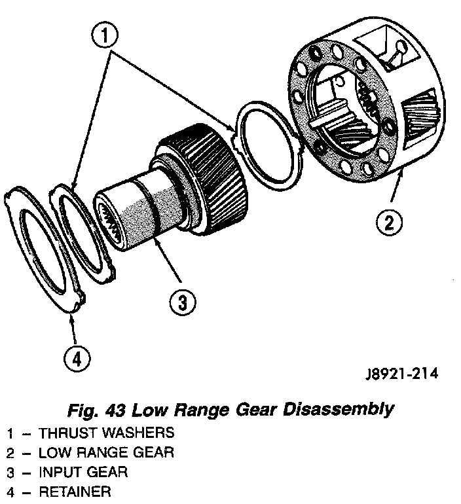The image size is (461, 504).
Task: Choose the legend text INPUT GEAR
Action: click(83, 472)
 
